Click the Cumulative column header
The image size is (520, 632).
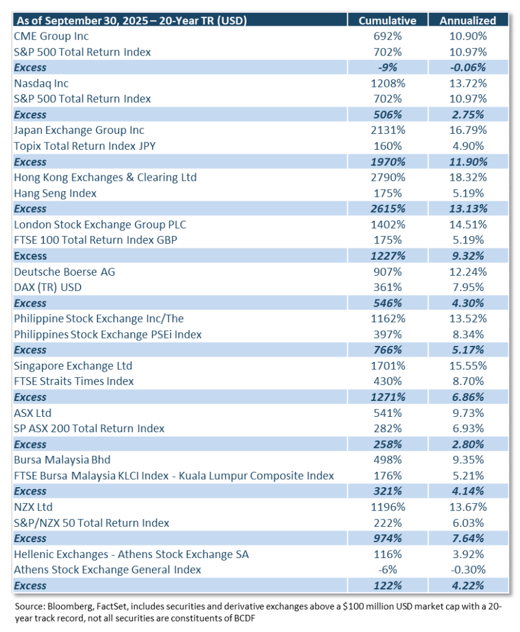coord(388,20)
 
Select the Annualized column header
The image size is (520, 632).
coord(468,20)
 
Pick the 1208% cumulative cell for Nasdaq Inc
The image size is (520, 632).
coord(388,83)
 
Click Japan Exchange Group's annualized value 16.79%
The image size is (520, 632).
coord(468,130)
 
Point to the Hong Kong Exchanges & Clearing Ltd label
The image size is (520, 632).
coord(105,177)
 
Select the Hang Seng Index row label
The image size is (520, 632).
coord(50,193)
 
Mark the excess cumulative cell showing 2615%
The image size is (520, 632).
coord(388,209)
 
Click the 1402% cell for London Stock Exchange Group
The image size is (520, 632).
coord(388,224)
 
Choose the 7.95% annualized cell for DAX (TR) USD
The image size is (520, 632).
coord(468,287)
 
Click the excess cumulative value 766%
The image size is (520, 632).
coord(388,350)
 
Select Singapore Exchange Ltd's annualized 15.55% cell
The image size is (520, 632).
coord(468,366)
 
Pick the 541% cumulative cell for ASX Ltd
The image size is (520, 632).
coord(388,413)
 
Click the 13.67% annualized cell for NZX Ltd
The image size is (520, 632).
coord(468,507)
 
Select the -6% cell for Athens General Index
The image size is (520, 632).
coord(388,570)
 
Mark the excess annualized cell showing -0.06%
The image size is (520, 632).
coord(468,67)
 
